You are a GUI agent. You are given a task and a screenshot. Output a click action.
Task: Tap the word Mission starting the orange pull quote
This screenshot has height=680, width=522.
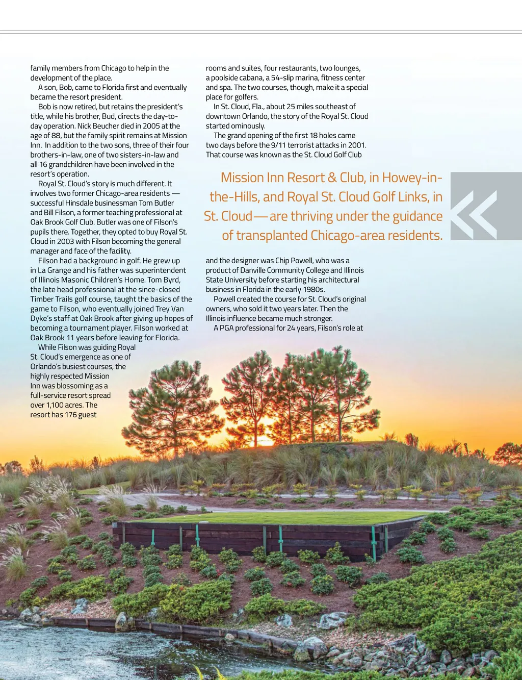pyautogui.click(x=242, y=178)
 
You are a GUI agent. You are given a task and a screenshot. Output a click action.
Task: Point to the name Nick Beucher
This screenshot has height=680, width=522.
pyautogui.click(x=98, y=126)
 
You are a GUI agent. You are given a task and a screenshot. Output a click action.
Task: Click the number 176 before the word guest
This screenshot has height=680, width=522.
pyautogui.click(x=70, y=415)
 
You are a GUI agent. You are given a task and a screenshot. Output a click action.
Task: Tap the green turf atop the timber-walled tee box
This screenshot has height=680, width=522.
pyautogui.click(x=285, y=518)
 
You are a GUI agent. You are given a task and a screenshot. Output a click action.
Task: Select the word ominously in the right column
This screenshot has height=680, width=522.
pyautogui.click(x=249, y=126)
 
